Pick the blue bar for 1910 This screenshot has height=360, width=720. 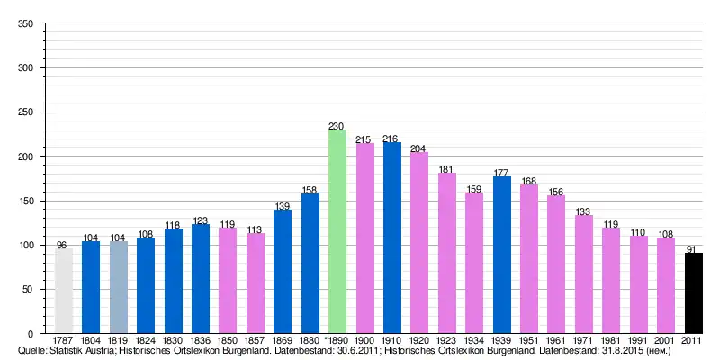pyautogui.click(x=392, y=238)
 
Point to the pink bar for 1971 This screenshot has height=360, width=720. pyautogui.click(x=584, y=274)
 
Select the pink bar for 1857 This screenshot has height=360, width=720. pyautogui.click(x=256, y=283)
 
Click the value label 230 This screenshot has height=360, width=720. pyautogui.click(x=337, y=125)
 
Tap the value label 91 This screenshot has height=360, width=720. pyautogui.click(x=692, y=248)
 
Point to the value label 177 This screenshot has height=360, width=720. pyautogui.click(x=502, y=172)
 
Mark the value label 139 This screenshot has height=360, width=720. pyautogui.click(x=283, y=206)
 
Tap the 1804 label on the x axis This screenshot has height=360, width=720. pyautogui.click(x=91, y=340)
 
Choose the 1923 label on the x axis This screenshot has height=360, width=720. pyautogui.click(x=447, y=340)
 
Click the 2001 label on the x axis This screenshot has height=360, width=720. pyautogui.click(x=665, y=340)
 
